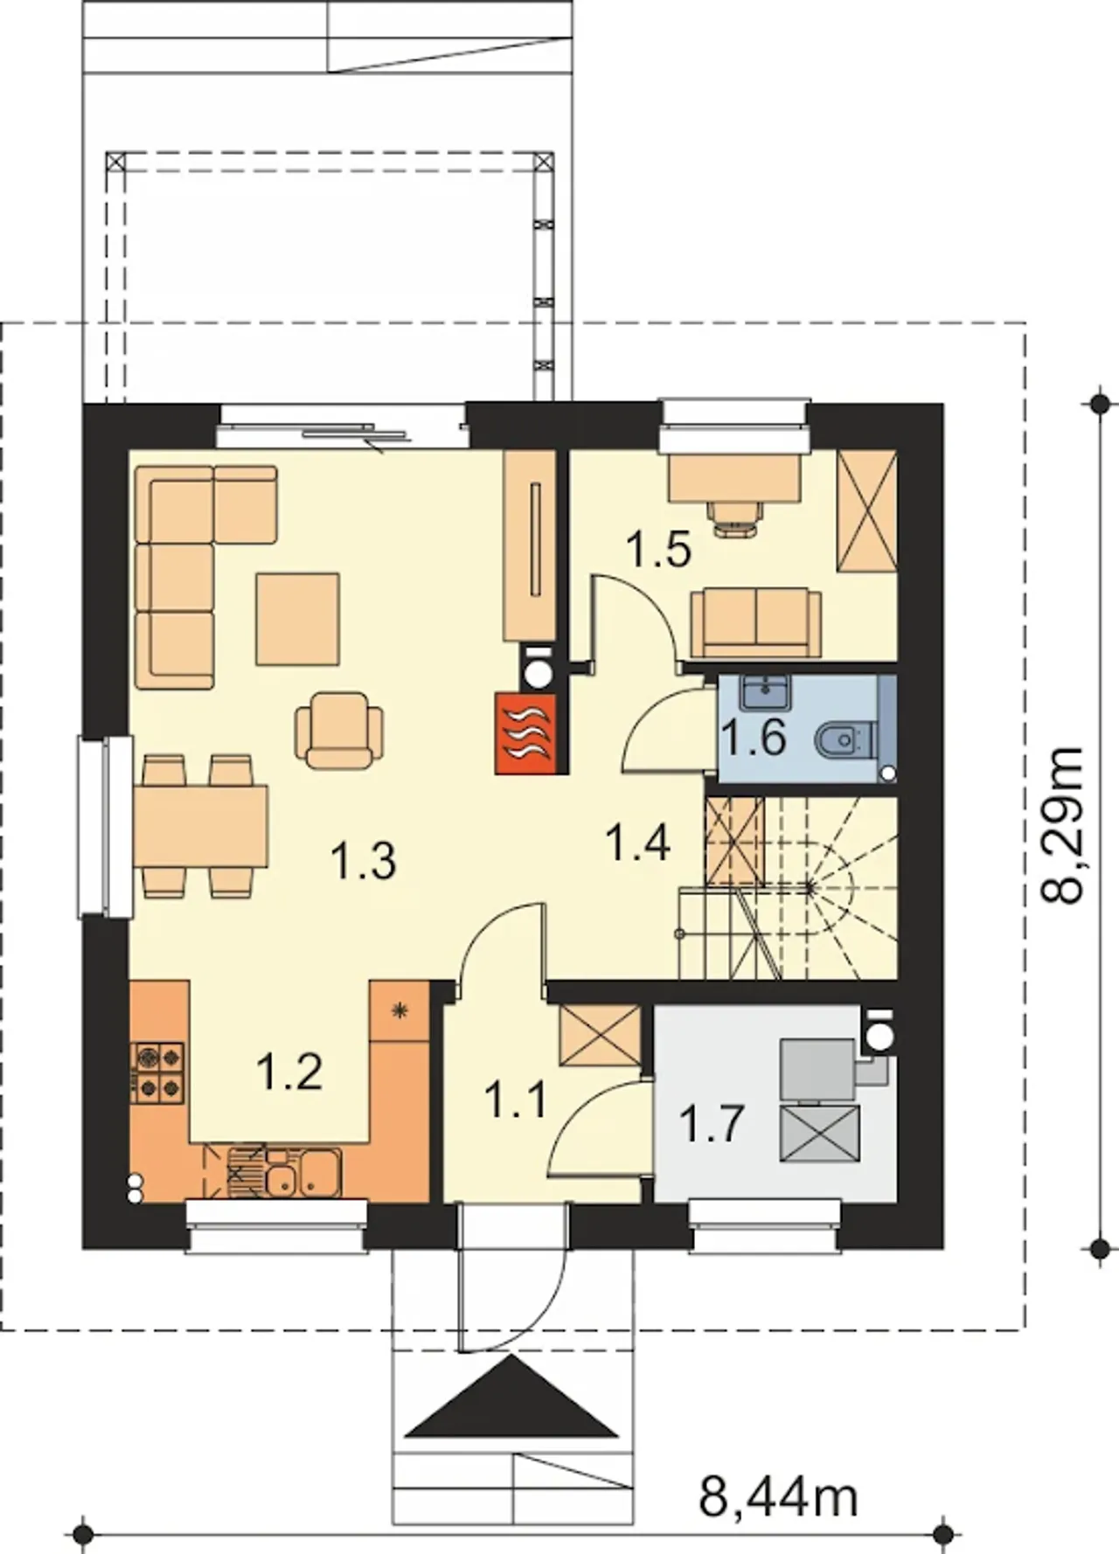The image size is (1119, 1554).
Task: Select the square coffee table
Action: (297, 619)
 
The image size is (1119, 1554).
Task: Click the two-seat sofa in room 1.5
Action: (756, 622)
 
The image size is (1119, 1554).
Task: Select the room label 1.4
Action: (638, 843)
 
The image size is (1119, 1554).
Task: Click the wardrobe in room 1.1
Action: (600, 1036)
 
